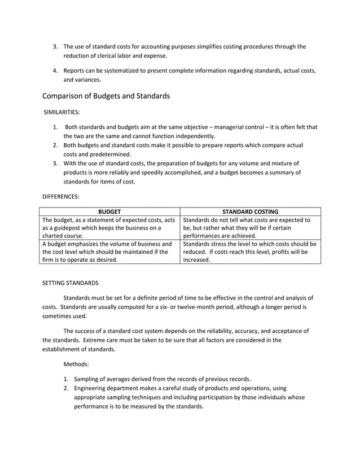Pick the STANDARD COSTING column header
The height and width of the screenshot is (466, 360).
click(x=250, y=212)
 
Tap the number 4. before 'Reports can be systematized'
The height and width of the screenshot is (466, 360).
click(x=55, y=71)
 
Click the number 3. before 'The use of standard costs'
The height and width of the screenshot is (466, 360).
click(x=55, y=46)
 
